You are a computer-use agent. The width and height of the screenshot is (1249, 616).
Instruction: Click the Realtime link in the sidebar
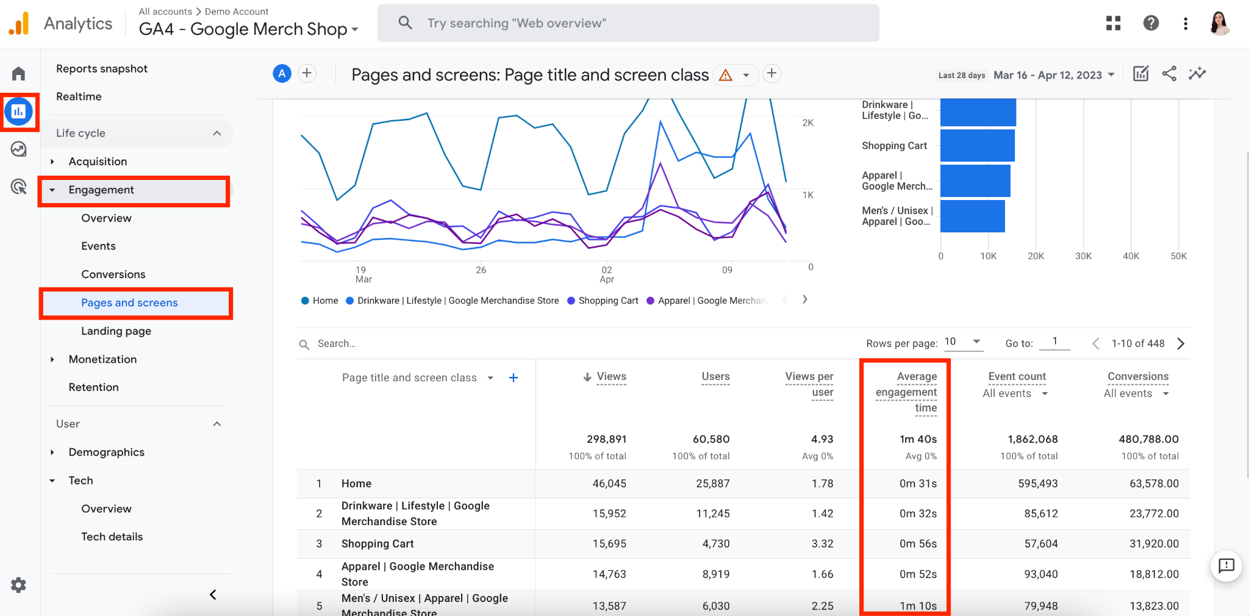(x=79, y=96)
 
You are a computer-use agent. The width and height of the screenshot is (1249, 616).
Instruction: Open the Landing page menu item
(x=116, y=331)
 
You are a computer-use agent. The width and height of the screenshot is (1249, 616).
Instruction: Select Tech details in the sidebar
(x=112, y=537)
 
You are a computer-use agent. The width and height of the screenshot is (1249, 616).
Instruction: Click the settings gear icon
(x=18, y=585)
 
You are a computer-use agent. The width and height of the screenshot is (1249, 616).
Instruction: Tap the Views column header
(x=610, y=376)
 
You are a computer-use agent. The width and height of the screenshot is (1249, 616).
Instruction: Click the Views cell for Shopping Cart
(x=609, y=543)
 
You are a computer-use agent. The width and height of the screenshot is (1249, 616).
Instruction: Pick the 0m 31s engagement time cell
(x=917, y=484)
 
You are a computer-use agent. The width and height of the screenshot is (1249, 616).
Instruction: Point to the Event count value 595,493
(x=1037, y=484)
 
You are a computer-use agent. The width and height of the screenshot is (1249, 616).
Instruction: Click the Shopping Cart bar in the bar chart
(x=977, y=146)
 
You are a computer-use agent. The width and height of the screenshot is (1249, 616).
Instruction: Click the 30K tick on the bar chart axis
(x=1083, y=256)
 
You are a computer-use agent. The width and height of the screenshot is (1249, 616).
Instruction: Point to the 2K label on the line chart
(x=807, y=123)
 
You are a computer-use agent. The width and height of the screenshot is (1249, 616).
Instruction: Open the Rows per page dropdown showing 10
(x=963, y=342)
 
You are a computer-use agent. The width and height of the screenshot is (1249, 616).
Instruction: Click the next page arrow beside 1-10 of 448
(x=1181, y=343)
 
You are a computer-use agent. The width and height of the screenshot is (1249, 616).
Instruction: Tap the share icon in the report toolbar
(x=1168, y=74)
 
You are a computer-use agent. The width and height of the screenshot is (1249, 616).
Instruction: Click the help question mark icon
(x=1150, y=23)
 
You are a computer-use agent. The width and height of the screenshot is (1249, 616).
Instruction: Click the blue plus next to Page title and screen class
(x=514, y=378)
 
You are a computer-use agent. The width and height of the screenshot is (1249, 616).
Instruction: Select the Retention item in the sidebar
(x=93, y=387)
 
